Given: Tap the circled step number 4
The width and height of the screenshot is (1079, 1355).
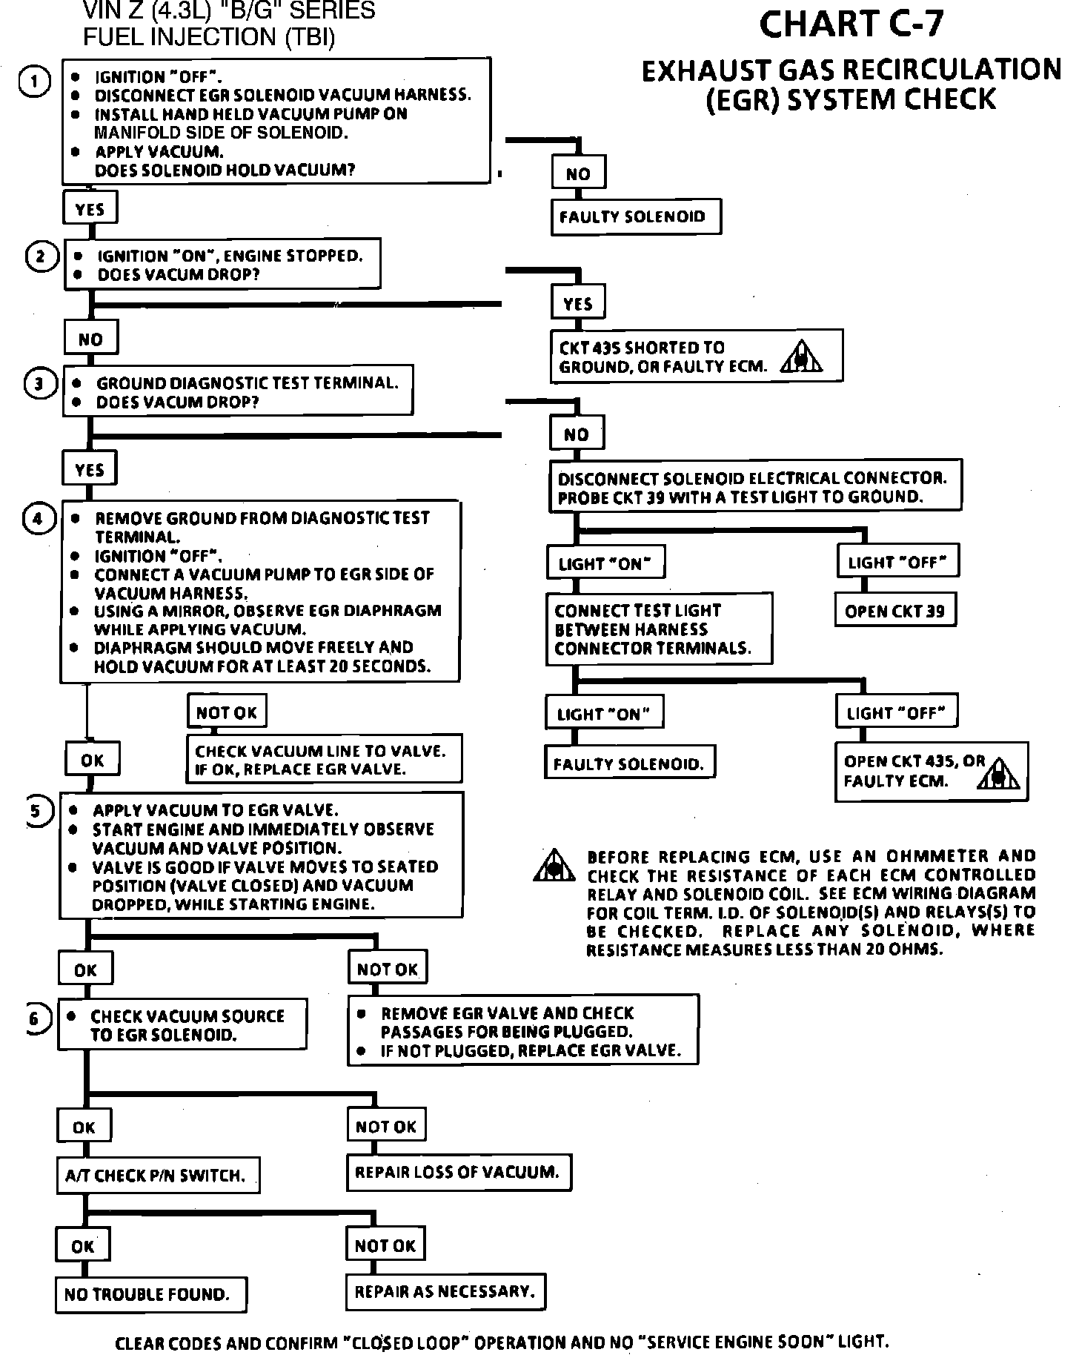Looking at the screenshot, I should click(x=39, y=518).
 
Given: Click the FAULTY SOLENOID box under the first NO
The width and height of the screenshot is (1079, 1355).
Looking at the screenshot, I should click(x=636, y=217).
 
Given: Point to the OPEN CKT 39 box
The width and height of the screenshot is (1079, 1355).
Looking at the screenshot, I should click(x=894, y=611).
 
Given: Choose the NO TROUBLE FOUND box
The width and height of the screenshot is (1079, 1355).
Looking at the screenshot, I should click(x=150, y=1294).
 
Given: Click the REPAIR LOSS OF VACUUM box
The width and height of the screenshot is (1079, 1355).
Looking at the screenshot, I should click(x=459, y=1172).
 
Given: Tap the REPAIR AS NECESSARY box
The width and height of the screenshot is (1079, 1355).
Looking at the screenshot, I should click(x=445, y=1291).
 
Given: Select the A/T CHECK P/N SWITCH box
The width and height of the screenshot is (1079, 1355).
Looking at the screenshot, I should click(x=159, y=1175).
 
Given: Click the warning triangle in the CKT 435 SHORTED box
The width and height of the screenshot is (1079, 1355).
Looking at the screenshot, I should click(x=801, y=357).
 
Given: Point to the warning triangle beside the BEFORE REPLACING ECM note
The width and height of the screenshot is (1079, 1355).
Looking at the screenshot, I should click(x=554, y=865).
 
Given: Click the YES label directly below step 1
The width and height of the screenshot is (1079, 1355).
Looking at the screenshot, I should click(x=90, y=210).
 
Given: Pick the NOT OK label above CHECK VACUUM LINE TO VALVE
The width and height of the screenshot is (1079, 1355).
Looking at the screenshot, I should click(x=227, y=712).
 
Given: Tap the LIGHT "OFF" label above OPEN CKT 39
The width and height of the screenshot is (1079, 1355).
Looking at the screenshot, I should click(x=898, y=563).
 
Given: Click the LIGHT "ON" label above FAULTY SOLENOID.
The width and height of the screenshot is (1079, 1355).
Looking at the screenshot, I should click(x=604, y=714).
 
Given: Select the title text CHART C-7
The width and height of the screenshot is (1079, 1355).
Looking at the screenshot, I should click(x=852, y=24).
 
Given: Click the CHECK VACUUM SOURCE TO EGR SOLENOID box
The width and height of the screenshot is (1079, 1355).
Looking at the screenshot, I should click(x=182, y=1025).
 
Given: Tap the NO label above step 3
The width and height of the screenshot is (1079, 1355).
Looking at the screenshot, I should click(x=91, y=339).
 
